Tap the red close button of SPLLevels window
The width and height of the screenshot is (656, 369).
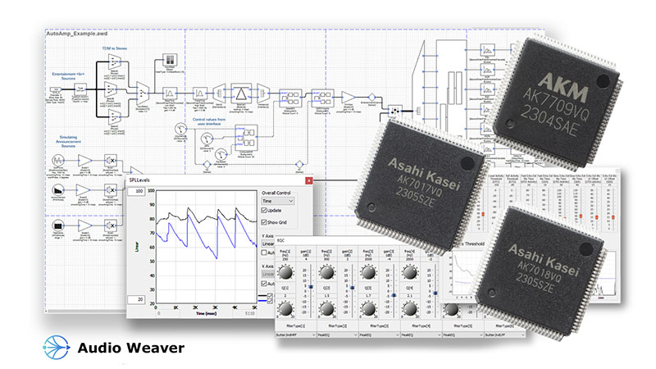point(308,180)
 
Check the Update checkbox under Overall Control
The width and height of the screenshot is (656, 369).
point(263,211)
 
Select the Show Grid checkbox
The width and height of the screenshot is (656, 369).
point(263,223)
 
